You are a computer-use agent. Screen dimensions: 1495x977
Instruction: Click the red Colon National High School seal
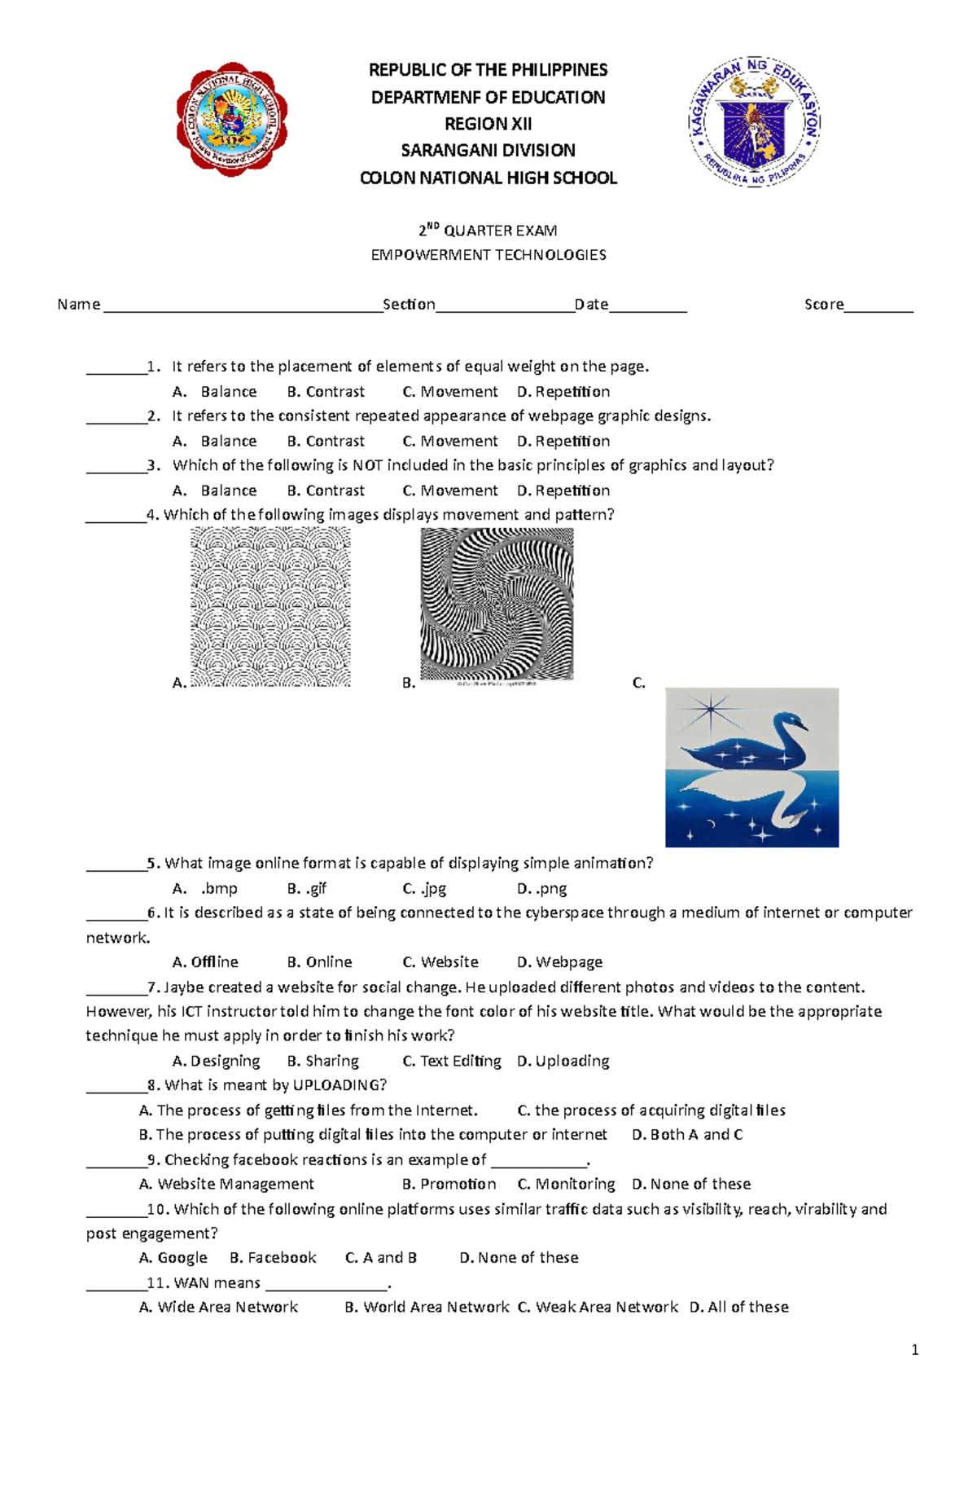pyautogui.click(x=232, y=119)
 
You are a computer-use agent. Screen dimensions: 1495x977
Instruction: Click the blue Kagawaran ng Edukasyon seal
pyautogui.click(x=754, y=122)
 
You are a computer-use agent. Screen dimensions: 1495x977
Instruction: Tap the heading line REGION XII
pyautogui.click(x=488, y=124)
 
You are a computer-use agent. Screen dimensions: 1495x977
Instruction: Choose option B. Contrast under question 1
pyautogui.click(x=326, y=392)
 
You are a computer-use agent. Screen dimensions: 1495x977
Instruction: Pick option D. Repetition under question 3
pyautogui.click(x=563, y=490)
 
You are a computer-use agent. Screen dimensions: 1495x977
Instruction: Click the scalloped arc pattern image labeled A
pyautogui.click(x=270, y=606)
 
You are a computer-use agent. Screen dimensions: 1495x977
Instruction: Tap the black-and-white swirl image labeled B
pyautogui.click(x=497, y=604)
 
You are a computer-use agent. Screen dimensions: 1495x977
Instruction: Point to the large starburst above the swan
pyautogui.click(x=711, y=709)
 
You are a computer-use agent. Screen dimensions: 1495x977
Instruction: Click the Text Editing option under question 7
pyautogui.click(x=452, y=1061)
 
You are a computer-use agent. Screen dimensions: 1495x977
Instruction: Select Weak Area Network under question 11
pyautogui.click(x=598, y=1307)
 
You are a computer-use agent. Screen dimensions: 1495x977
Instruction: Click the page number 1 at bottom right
pyautogui.click(x=915, y=1350)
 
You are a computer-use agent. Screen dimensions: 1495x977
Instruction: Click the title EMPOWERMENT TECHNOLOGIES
pyautogui.click(x=488, y=255)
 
